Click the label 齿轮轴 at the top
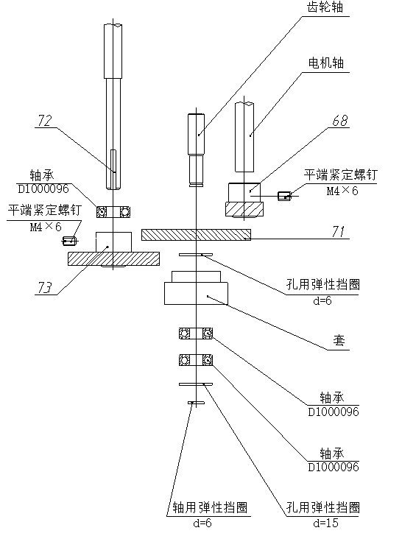(325, 7)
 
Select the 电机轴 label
(325, 63)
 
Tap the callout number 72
(45, 120)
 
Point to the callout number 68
(340, 120)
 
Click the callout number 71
(339, 232)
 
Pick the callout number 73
(45, 288)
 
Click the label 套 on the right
(339, 340)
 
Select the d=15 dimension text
(325, 523)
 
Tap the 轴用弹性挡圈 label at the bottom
(210, 507)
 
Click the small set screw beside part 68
(284, 196)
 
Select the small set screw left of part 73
(70, 241)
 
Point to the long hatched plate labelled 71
(196, 235)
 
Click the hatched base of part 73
(114, 258)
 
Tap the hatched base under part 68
(244, 210)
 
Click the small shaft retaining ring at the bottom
(196, 403)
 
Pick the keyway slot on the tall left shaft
(113, 161)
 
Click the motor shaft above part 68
(244, 138)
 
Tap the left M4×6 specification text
(46, 226)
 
